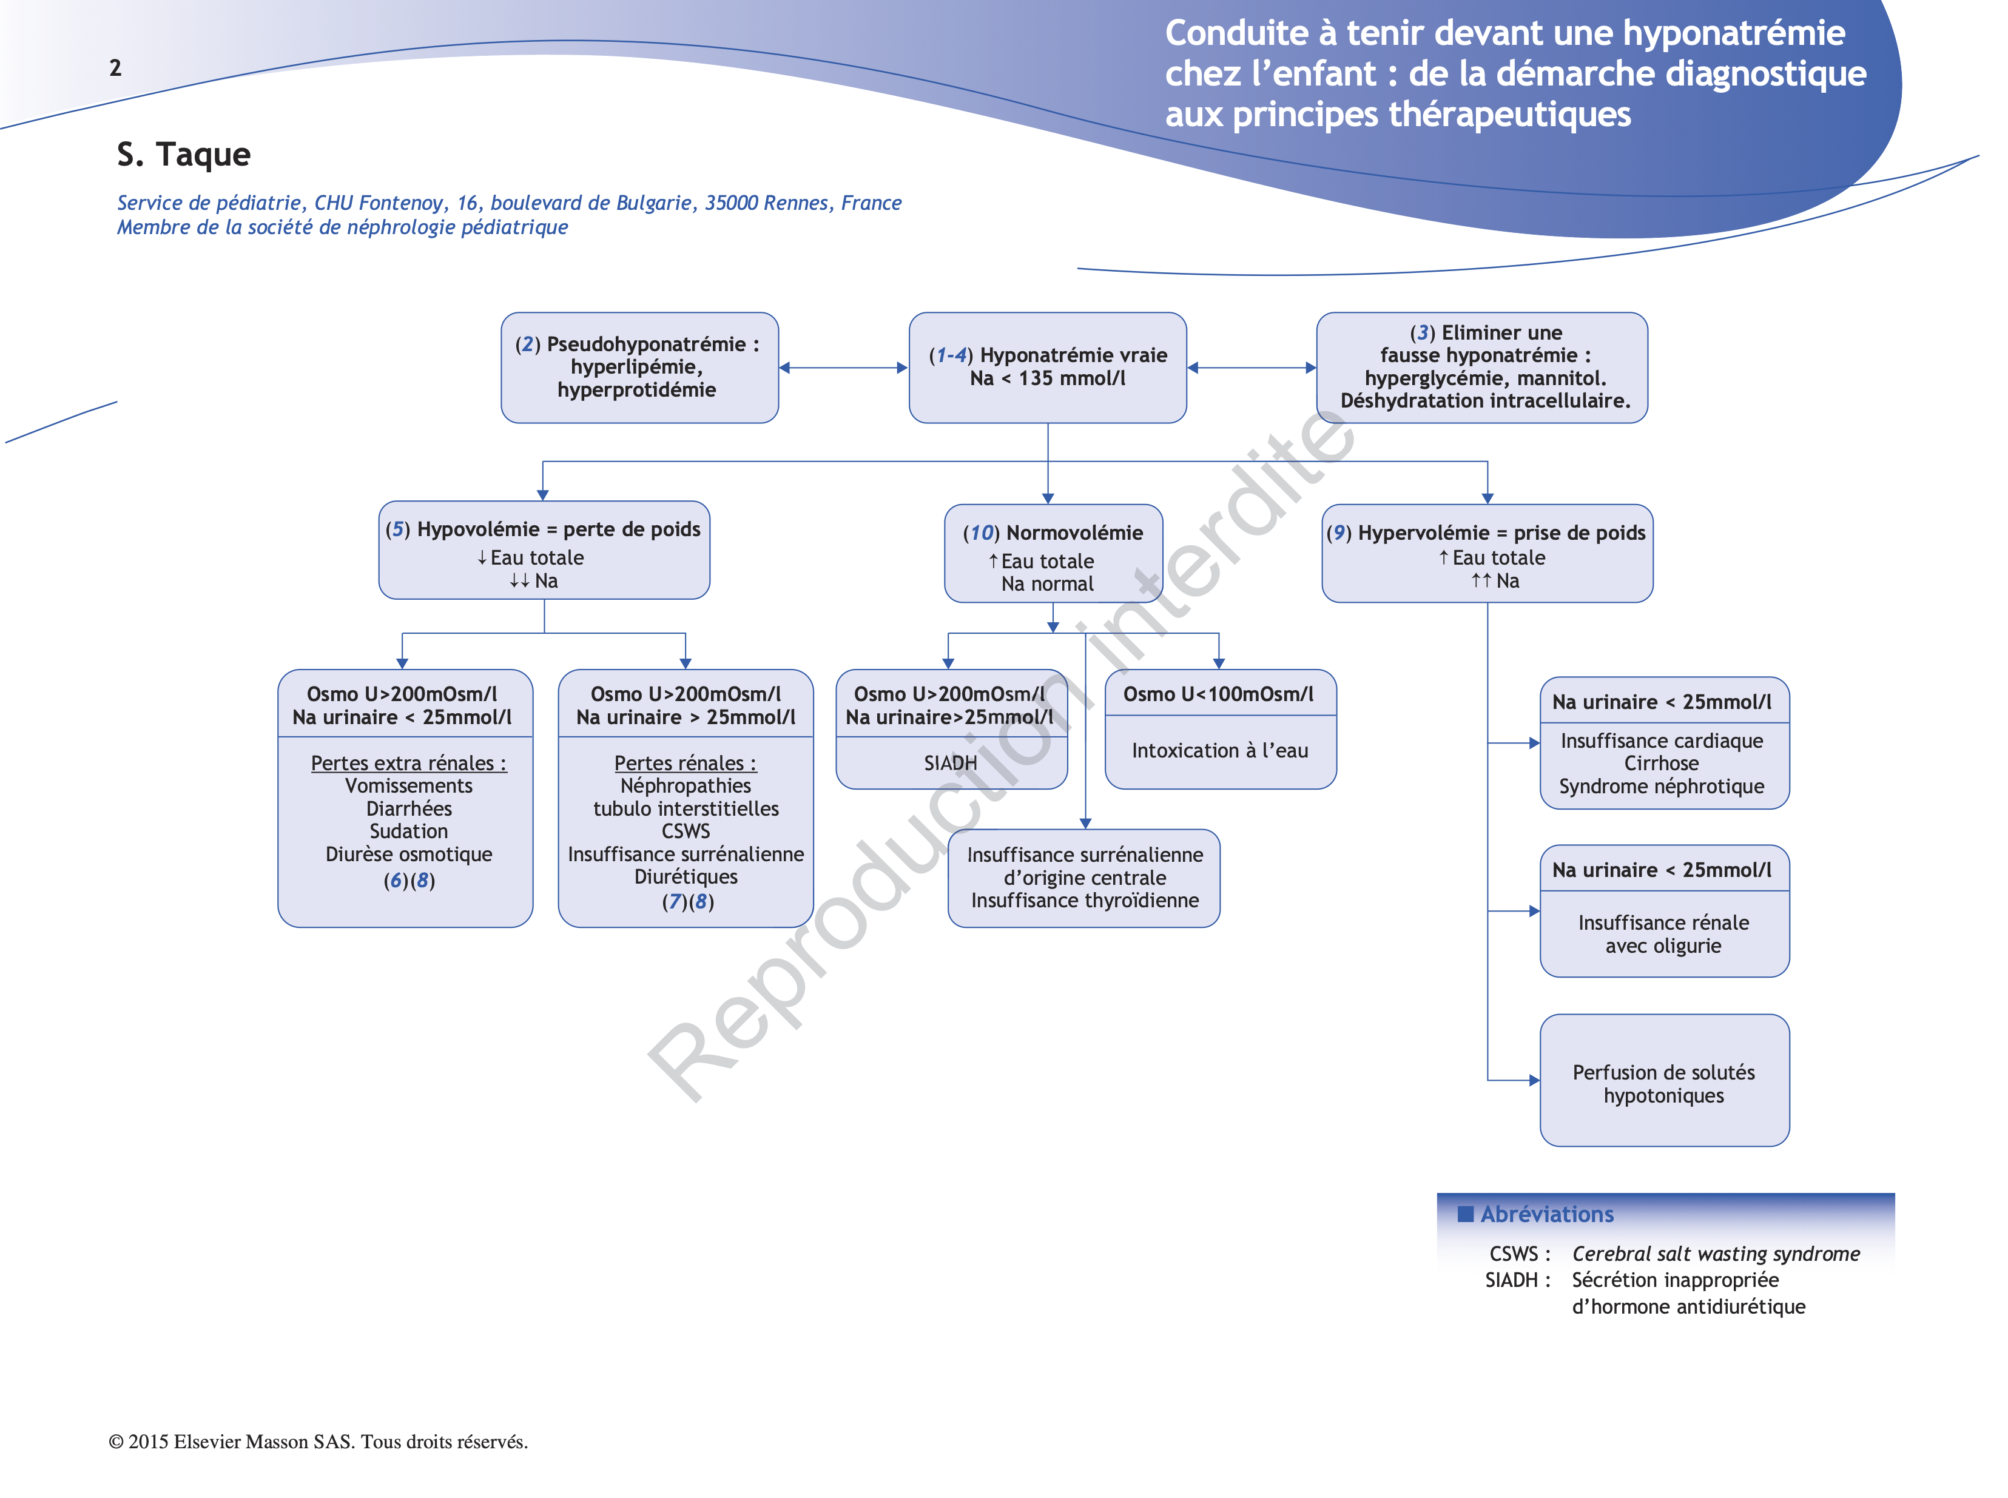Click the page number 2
pos(115,68)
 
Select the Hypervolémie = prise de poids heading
pos(1500,533)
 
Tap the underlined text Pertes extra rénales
pos(408,764)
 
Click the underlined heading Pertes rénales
pos(685,764)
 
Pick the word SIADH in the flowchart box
pos(949,764)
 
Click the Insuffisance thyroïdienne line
pos(1085,901)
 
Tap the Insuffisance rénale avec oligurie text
pos(1663,934)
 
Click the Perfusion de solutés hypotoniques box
pos(1663,1084)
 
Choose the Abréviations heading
pos(1546,1214)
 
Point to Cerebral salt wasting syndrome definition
pos(1715,1254)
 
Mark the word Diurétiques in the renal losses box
pos(686,877)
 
